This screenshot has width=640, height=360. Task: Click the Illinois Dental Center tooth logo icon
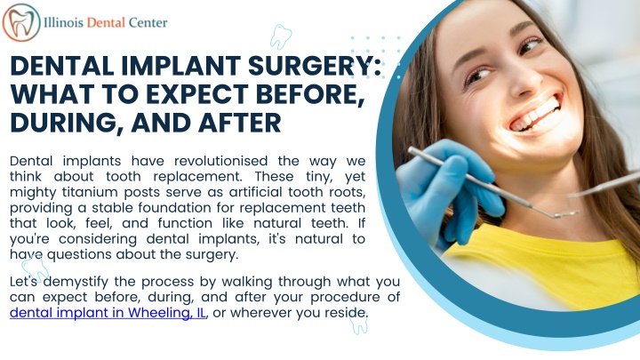pyautogui.click(x=20, y=22)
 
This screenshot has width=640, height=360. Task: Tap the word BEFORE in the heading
pyautogui.click(x=300, y=93)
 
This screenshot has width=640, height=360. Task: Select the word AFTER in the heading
pyautogui.click(x=234, y=121)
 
